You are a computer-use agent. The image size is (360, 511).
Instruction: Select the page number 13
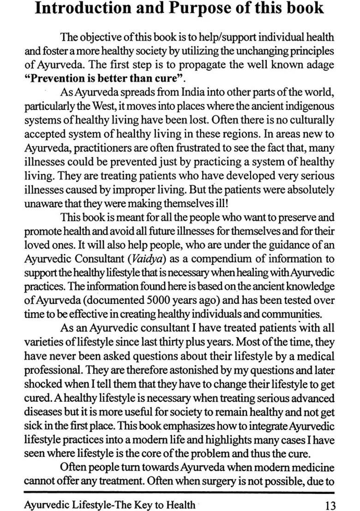pyautogui.click(x=330, y=505)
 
